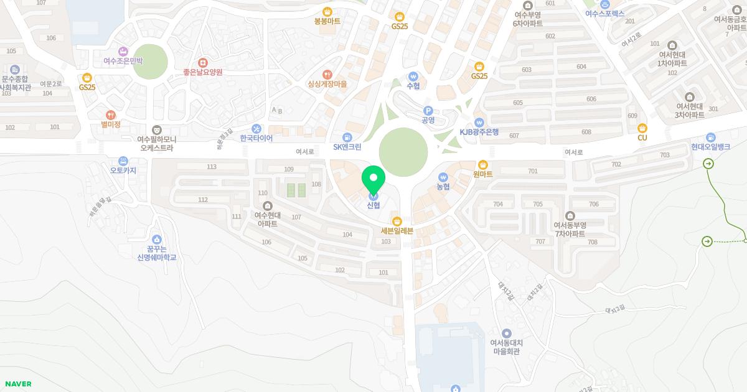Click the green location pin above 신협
click(x=374, y=179)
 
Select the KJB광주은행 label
click(x=479, y=132)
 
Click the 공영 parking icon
click(x=428, y=111)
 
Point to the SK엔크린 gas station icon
click(x=347, y=138)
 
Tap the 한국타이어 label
click(x=256, y=138)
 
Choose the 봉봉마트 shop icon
click(x=327, y=12)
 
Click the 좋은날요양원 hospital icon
click(x=202, y=63)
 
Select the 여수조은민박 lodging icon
click(x=123, y=52)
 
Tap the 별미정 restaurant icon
click(x=110, y=115)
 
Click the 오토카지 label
click(x=123, y=170)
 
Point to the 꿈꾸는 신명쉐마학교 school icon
click(x=156, y=239)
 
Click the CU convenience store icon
click(x=642, y=128)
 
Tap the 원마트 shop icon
click(x=482, y=164)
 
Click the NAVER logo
click(x=18, y=384)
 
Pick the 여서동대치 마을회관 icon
click(x=506, y=334)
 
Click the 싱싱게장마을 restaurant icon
click(x=327, y=75)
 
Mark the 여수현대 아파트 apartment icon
click(x=268, y=206)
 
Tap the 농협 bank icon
click(x=443, y=177)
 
